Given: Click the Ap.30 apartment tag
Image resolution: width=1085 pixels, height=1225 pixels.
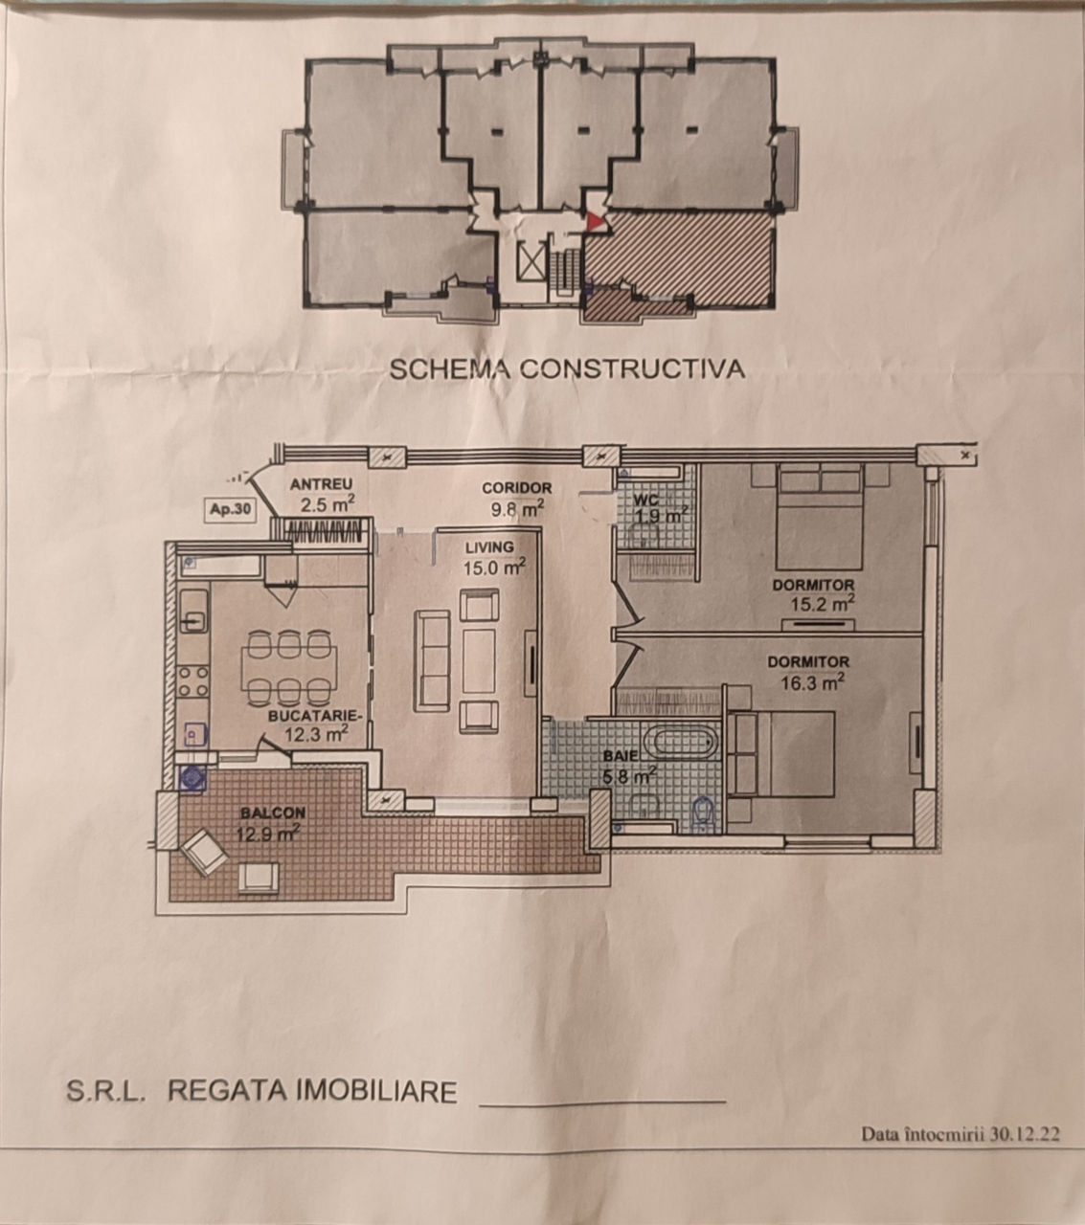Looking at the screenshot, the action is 230,509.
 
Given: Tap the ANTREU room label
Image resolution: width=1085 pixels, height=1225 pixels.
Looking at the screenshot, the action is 321,484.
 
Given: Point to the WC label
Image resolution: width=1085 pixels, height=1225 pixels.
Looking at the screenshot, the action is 646,501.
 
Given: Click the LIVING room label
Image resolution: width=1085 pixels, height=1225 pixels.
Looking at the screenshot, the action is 489,547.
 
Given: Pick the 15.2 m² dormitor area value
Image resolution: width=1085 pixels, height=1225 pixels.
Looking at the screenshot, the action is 823,603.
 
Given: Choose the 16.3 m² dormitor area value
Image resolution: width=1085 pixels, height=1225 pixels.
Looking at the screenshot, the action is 813,682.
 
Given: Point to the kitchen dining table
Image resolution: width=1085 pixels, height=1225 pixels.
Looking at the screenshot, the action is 289,668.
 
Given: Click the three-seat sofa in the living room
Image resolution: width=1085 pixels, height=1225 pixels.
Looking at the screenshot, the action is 432,660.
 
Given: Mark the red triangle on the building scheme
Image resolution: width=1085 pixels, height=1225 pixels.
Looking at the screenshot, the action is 595,221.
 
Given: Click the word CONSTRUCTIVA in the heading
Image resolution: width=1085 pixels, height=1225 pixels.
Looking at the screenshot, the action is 632,368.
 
